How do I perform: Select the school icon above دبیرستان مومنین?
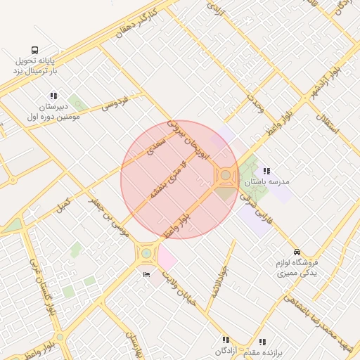(x=53, y=96)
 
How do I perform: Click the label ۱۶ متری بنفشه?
(x=167, y=179)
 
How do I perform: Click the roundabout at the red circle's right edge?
(x=226, y=174)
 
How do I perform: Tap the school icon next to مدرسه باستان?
(x=266, y=171)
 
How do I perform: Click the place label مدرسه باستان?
(x=266, y=182)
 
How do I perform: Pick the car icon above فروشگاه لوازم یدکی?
(x=297, y=251)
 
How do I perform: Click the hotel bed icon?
(x=146, y=274)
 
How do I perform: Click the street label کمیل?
(x=64, y=206)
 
